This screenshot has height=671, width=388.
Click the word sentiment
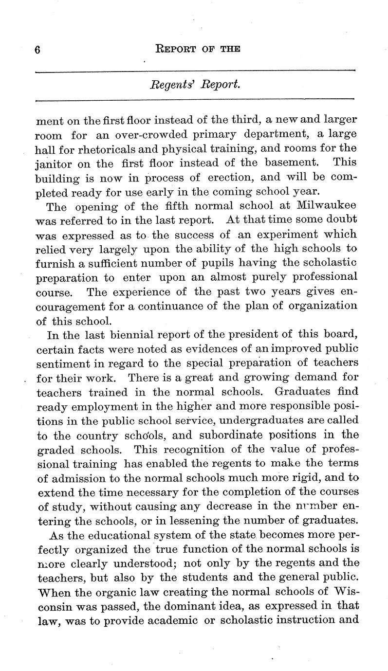[x=60, y=363]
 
